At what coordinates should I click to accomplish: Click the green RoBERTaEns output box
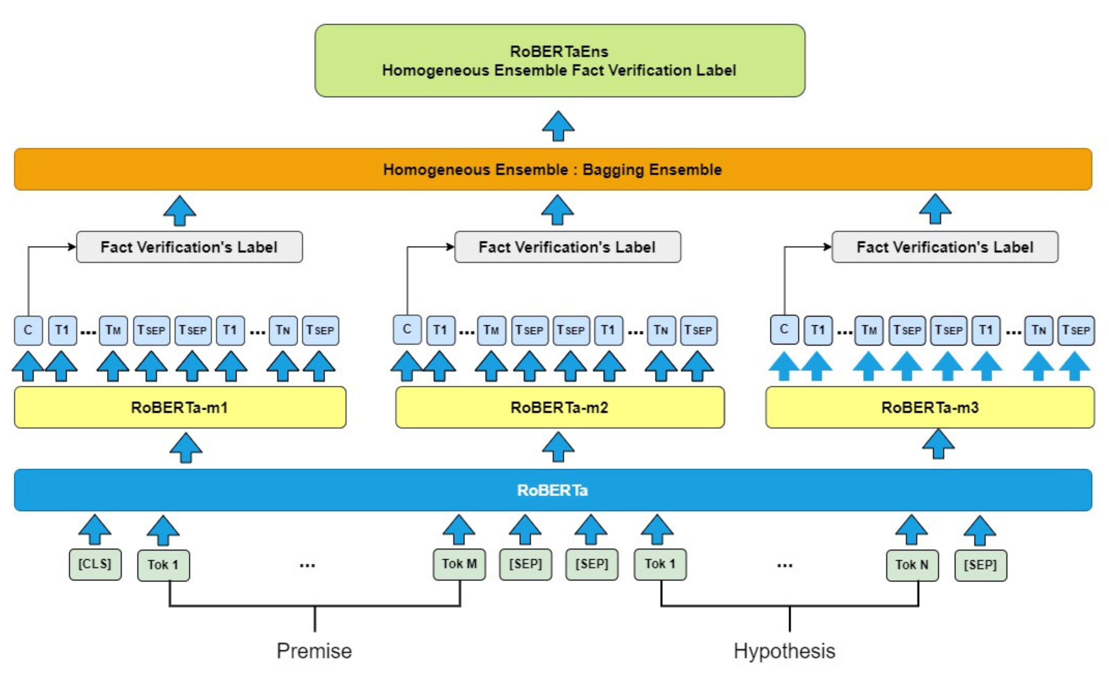559,61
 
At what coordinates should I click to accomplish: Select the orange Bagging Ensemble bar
553,170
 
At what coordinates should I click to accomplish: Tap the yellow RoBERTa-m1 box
180,407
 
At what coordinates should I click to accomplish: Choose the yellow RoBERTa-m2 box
559,407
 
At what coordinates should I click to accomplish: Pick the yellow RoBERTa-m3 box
930,407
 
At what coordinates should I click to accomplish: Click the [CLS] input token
95,564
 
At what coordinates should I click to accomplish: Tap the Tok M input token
459,564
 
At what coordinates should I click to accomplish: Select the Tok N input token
912,565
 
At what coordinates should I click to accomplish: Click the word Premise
314,651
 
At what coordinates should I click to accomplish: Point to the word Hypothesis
785,651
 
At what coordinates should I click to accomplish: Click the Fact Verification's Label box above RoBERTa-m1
189,247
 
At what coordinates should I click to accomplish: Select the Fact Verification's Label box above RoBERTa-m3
945,247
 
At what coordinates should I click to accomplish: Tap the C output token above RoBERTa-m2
407,330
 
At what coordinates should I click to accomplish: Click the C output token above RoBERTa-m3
784,330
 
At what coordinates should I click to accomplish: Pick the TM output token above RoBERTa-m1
113,331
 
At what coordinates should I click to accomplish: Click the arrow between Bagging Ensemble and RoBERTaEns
558,126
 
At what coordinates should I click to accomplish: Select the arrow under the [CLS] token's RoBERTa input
94,530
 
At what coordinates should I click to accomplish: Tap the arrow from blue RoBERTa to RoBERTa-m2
558,447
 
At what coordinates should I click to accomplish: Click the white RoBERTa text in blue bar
552,490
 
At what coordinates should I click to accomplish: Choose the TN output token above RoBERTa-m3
1038,331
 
